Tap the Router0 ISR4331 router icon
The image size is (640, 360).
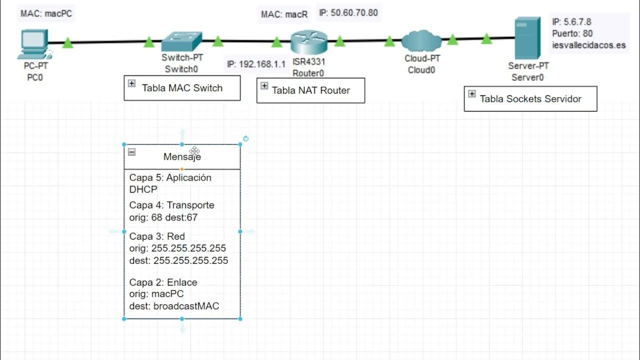coord(308,42)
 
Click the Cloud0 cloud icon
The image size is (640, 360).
coord(421,40)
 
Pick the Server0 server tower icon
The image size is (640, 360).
coord(527,38)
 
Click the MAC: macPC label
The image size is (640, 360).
coord(46,13)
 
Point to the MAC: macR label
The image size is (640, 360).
coord(284,14)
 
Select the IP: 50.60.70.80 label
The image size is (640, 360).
coord(348,13)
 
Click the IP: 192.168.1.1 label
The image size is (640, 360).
coord(256,64)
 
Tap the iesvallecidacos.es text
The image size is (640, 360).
coord(589,45)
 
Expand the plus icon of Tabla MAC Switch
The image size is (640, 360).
coord(131,83)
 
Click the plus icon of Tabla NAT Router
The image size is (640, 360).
coord(264,86)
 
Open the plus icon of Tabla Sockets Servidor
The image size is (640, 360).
coord(471,94)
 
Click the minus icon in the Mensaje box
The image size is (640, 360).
coord(131,152)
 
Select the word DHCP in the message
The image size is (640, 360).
coord(143,189)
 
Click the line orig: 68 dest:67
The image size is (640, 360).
coord(164,217)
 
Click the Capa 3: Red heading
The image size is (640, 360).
coord(157,236)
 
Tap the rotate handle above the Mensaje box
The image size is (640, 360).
coord(245,138)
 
